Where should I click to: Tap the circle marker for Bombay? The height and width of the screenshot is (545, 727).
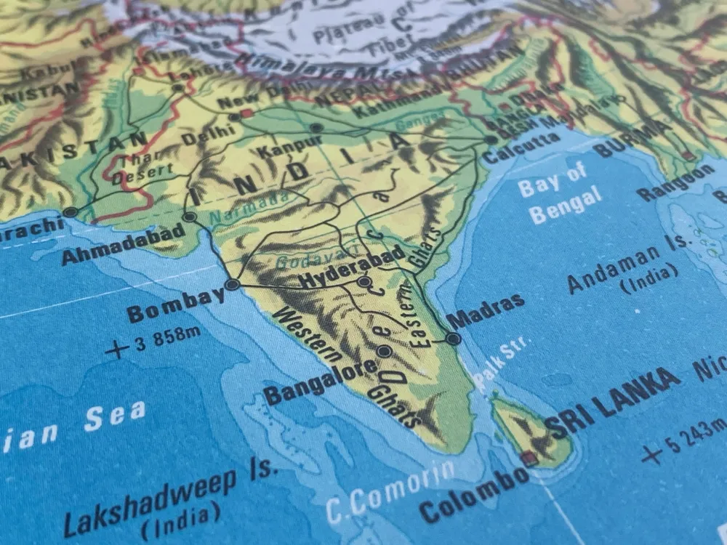[232, 285]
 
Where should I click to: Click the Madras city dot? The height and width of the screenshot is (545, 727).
[453, 339]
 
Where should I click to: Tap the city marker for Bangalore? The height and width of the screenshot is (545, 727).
[385, 352]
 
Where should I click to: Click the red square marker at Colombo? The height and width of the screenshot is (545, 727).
[529, 458]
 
